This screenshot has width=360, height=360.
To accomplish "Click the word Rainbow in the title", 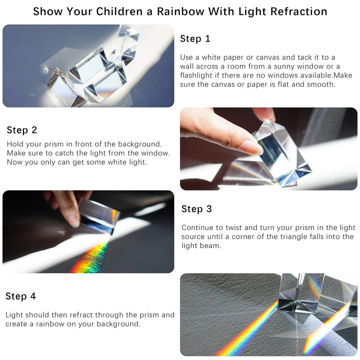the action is pyautogui.click(x=181, y=12).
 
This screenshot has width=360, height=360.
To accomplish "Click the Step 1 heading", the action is pyautogui.click(x=195, y=39).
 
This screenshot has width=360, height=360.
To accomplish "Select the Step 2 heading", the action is pyautogui.click(x=22, y=130).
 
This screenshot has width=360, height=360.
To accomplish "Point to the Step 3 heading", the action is pyautogui.click(x=197, y=209).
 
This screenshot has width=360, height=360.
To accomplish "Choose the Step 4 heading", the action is pyautogui.click(x=21, y=296).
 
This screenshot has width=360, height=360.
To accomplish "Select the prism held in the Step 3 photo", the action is pyautogui.click(x=99, y=216).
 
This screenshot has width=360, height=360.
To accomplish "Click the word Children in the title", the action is pyautogui.click(x=119, y=12).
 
